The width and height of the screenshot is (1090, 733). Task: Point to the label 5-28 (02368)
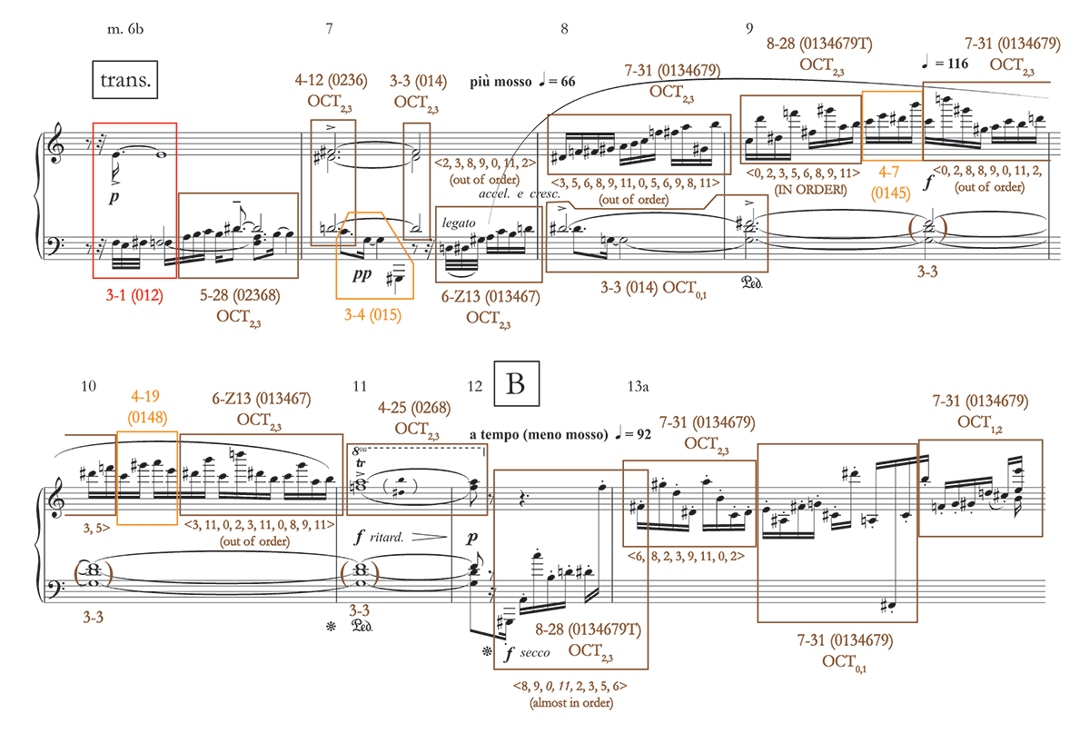click(239, 295)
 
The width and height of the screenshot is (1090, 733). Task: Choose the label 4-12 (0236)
click(331, 80)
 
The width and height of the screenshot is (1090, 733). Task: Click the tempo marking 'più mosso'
click(498, 82)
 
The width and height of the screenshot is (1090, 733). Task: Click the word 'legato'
click(460, 222)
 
